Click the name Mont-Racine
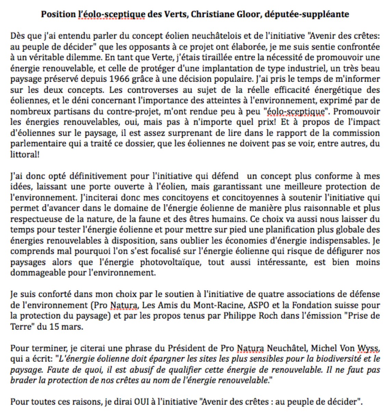[x=204, y=305]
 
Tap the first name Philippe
[x=238, y=316]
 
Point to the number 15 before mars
[x=54, y=327]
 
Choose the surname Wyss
[x=368, y=348]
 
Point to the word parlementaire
[x=33, y=144]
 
